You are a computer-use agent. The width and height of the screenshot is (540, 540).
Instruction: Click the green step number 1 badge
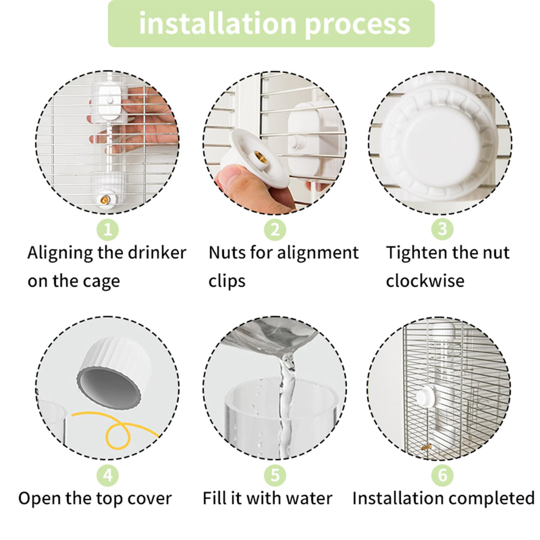coord(107,230)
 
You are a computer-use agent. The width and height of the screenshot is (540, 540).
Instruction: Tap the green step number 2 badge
coord(275,230)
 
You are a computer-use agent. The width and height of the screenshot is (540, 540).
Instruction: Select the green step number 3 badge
coord(442,230)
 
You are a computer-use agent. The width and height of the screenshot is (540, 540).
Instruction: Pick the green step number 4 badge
coord(107,475)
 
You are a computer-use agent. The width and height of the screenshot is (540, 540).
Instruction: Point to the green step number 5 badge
coord(275,475)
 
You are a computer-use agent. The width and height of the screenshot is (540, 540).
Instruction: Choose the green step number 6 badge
coord(442,475)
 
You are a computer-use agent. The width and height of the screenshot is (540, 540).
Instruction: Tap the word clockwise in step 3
coord(424,281)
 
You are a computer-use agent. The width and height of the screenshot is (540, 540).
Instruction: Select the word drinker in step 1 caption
coord(157,253)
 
